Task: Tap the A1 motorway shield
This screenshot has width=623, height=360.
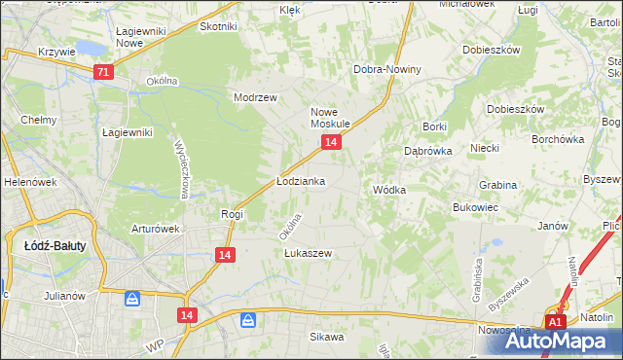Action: pos(555,322)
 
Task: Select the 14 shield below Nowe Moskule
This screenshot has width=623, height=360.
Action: pos(332,142)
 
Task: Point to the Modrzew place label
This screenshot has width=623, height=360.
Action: pos(256,97)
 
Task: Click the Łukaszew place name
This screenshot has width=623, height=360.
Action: pos(309,253)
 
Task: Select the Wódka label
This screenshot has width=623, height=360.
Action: pos(388,190)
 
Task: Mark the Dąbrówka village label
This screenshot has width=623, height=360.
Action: pos(425,151)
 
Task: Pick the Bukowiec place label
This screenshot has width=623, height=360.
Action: pos(476,207)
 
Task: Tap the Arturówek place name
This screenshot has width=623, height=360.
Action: pos(156,229)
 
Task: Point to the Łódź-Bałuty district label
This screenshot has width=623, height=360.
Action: pos(55,246)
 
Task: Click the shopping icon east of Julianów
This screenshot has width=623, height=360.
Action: pos(131,299)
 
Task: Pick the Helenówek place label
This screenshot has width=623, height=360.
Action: pos(26,182)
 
